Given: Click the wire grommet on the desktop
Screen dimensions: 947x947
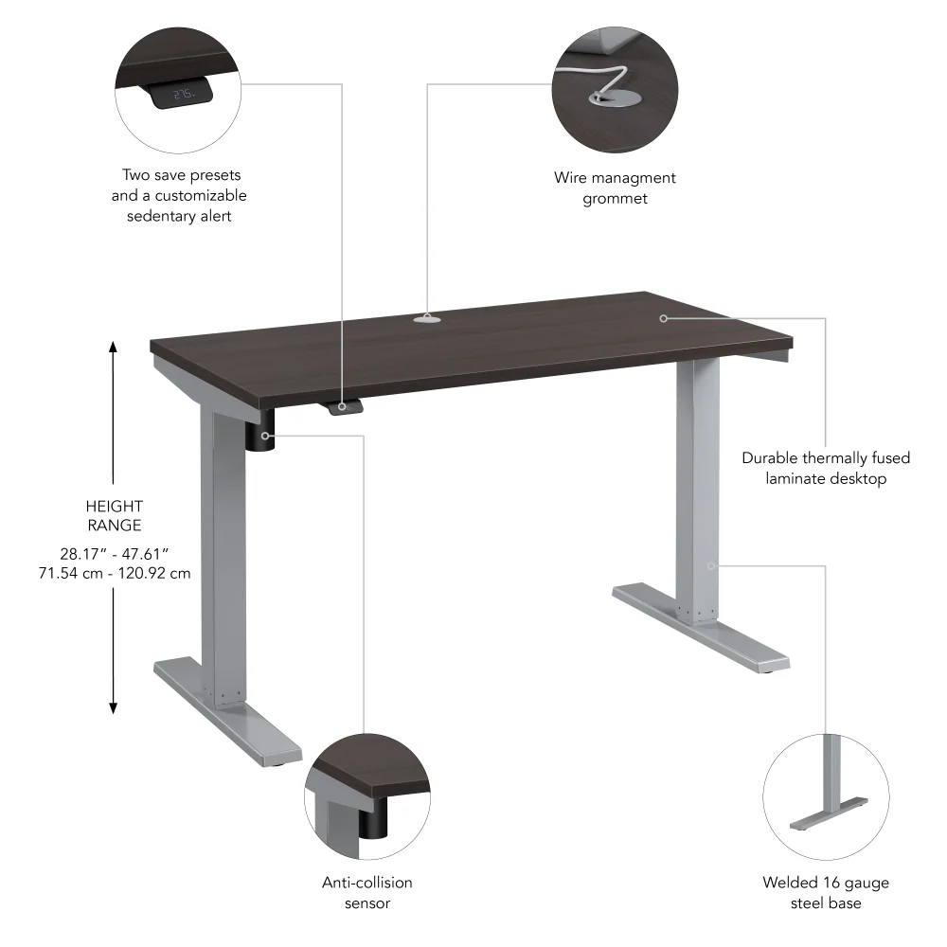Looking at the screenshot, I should (x=427, y=319).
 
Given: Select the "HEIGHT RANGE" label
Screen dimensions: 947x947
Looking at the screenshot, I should (x=114, y=516).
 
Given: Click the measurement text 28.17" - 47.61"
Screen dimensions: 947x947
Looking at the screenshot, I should (x=114, y=553).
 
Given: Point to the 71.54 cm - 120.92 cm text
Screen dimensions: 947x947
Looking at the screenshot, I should (x=114, y=574).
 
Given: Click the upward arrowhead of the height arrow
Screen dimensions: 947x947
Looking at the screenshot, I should (x=114, y=347).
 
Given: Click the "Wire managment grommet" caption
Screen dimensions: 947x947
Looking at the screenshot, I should (x=615, y=188).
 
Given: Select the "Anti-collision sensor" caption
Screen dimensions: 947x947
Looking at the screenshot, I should (x=367, y=892).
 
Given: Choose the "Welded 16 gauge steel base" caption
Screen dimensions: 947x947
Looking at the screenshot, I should (x=826, y=892).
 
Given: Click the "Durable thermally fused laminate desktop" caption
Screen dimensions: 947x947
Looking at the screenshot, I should (x=826, y=468).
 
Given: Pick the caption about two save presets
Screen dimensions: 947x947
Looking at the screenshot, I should (x=179, y=195).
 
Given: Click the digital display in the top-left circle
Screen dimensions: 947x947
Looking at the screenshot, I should (x=183, y=94).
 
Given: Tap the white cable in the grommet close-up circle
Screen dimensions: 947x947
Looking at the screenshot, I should (x=606, y=80).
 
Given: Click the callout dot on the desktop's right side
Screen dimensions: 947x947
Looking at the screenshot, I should (x=664, y=318).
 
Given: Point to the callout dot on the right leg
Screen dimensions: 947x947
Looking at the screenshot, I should (x=710, y=565).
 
